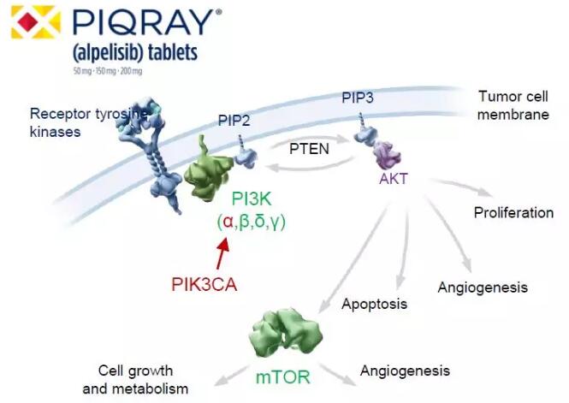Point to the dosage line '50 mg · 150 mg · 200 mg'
pyautogui.click(x=110, y=69)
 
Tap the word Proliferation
pyautogui.click(x=513, y=212)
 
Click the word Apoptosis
pyautogui.click(x=374, y=304)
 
